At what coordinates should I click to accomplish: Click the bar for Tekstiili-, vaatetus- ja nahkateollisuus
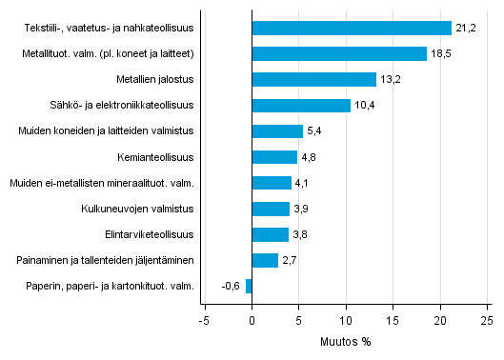pyautogui.click(x=351, y=28)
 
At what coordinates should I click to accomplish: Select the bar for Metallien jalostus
pyautogui.click(x=313, y=79)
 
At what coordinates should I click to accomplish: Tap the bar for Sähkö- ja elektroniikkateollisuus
pyautogui.click(x=300, y=105)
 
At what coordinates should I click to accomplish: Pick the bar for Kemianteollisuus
pyautogui.click(x=274, y=157)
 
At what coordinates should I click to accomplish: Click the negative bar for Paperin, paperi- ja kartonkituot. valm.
pyautogui.click(x=249, y=286)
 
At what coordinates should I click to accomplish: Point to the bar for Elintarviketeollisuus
pyautogui.click(x=270, y=234)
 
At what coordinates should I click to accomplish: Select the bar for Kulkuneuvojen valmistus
pyautogui.click(x=270, y=209)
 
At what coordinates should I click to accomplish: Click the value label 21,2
pyautogui.click(x=466, y=28)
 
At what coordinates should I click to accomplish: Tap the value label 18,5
pyautogui.click(x=440, y=53)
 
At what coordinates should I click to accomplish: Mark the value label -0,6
pyautogui.click(x=230, y=286)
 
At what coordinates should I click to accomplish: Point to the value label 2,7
pyautogui.click(x=291, y=260)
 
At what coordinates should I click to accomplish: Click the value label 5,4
pyautogui.click(x=315, y=131)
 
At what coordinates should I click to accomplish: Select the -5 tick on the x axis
pyautogui.click(x=204, y=320)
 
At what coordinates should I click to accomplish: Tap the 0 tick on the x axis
pyautogui.click(x=252, y=320)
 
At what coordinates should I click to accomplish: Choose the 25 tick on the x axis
pyautogui.click(x=486, y=320)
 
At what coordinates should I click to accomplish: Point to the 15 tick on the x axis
pyautogui.click(x=393, y=320)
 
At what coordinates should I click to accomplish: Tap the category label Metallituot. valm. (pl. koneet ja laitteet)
pyautogui.click(x=111, y=53)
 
